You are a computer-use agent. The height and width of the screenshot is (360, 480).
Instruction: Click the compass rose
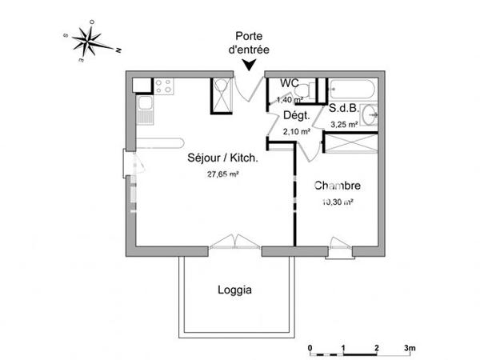89,42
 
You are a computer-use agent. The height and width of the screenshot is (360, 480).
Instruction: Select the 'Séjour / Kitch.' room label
222,158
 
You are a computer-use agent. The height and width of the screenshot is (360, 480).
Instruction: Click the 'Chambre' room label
337,186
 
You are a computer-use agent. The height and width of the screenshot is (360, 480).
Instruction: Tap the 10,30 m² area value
337,202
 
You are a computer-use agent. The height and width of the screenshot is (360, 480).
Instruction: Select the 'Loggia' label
235,290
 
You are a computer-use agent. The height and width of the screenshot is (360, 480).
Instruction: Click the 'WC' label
289,83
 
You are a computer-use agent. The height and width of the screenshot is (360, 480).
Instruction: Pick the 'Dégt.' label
297,116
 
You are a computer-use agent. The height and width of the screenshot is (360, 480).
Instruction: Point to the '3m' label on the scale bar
410,349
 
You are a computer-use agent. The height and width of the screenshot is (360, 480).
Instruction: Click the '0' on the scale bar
310,349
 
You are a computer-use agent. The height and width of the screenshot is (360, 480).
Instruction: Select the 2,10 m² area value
297,131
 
